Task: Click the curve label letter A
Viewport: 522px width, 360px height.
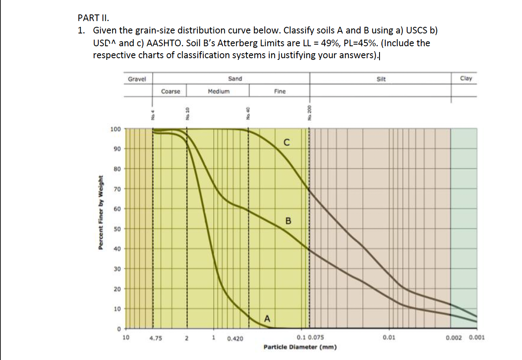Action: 267,318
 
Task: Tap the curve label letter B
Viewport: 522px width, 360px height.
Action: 288,221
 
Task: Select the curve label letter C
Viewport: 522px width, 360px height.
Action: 286,143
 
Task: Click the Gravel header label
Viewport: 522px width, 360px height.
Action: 137,78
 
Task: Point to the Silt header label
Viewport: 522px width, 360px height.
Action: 381,78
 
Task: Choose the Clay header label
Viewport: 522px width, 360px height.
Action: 465,78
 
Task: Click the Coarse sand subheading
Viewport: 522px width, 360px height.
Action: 171,91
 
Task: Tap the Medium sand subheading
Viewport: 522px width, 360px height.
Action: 218,91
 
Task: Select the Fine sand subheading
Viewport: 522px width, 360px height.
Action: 280,91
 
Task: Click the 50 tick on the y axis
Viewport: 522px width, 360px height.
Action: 117,229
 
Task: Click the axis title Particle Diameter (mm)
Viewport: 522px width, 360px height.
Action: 300,347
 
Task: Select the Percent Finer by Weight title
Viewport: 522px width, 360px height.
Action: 100,213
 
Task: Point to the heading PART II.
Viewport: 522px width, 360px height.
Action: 94,18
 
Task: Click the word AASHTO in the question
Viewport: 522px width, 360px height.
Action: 168,43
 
